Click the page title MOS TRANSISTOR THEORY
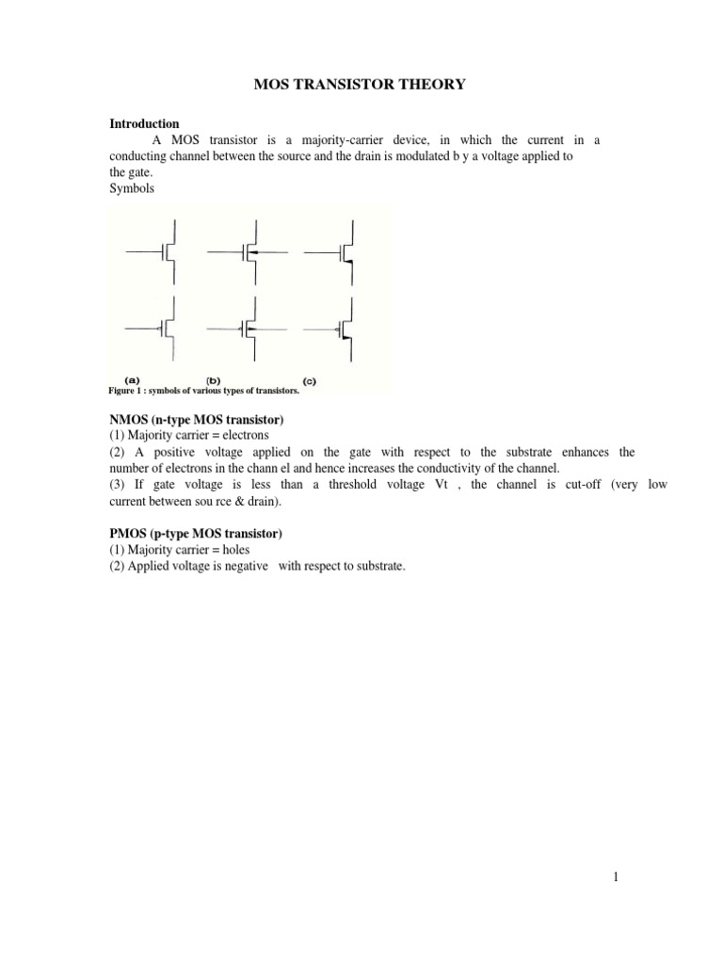361,85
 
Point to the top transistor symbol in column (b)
246,252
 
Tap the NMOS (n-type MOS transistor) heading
197,419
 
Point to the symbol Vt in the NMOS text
445,484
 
